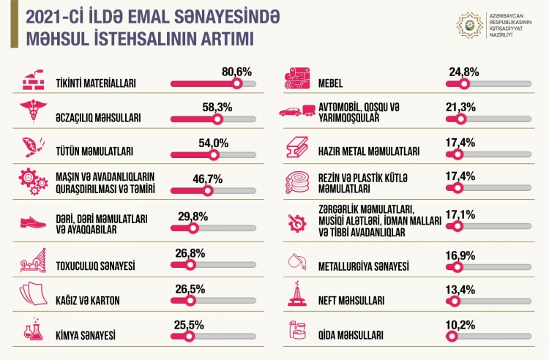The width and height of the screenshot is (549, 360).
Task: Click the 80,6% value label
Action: click(x=236, y=72)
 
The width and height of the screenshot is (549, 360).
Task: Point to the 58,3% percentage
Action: click(x=217, y=107)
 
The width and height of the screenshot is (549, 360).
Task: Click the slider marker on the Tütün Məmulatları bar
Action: click(x=214, y=154)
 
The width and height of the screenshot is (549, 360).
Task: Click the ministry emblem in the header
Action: click(x=468, y=26)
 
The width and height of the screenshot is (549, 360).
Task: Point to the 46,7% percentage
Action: click(x=207, y=179)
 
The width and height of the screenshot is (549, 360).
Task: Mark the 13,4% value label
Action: click(x=460, y=287)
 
